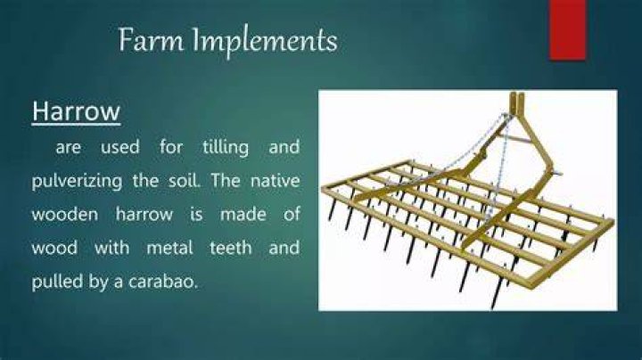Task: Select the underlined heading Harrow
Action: pos(76,111)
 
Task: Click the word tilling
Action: pos(226,148)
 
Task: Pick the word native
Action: pos(276,180)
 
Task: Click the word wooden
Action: pos(65,214)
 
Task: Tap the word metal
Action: pos(170,248)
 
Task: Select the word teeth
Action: pos(231,248)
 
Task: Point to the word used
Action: pos(120,147)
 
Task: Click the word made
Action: pos(243,215)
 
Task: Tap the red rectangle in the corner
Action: pos(567,30)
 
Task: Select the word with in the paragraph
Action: pos(111,248)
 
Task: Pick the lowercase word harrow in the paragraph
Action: pos(144,215)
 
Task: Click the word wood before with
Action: pos(54,248)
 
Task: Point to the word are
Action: pos(68,148)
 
